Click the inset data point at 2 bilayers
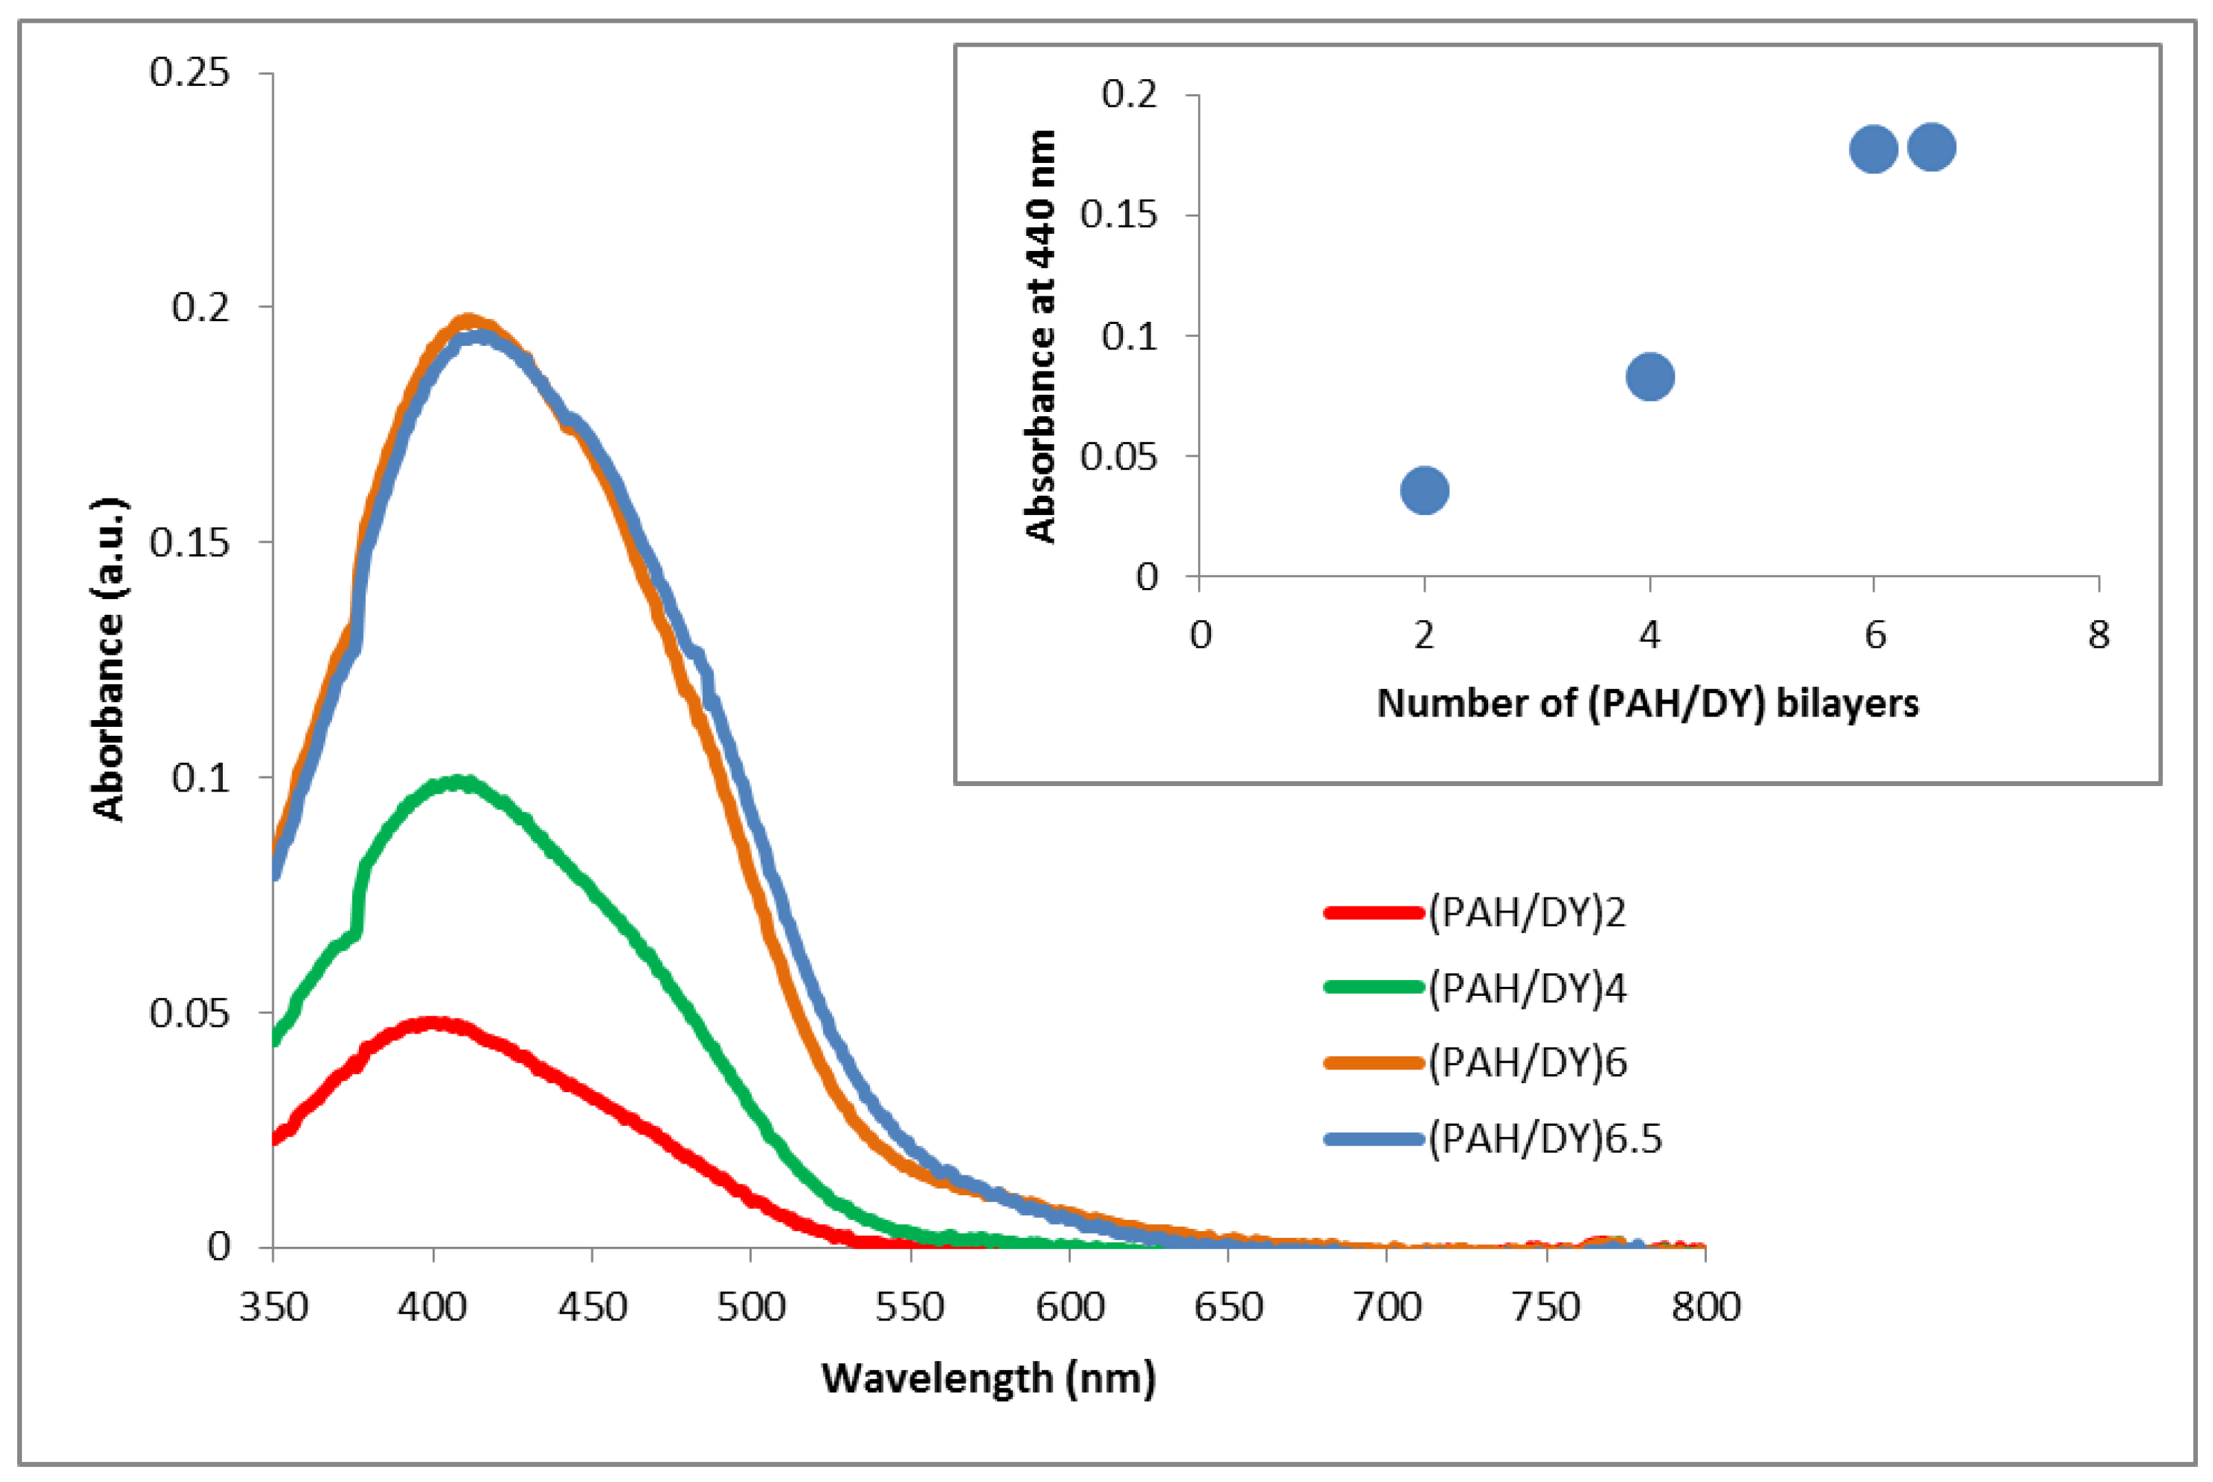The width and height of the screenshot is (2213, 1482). (1424, 490)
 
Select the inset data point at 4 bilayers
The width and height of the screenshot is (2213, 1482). (1650, 376)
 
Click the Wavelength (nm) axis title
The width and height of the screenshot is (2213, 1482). (988, 1378)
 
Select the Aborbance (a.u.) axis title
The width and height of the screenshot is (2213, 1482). (109, 659)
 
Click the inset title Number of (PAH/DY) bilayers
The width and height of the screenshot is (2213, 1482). (1648, 702)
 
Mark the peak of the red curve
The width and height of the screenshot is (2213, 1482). (433, 1023)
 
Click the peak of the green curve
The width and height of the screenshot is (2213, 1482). (459, 782)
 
